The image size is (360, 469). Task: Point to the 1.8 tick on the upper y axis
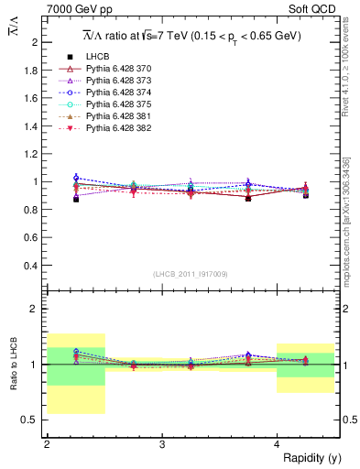(x=30, y=71)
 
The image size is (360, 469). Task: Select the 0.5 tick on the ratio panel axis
(x=30, y=420)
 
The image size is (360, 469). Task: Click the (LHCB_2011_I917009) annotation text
(x=191, y=274)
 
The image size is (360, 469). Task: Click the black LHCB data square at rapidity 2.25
(x=76, y=199)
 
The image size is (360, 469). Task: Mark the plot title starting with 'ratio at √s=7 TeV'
(x=192, y=36)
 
